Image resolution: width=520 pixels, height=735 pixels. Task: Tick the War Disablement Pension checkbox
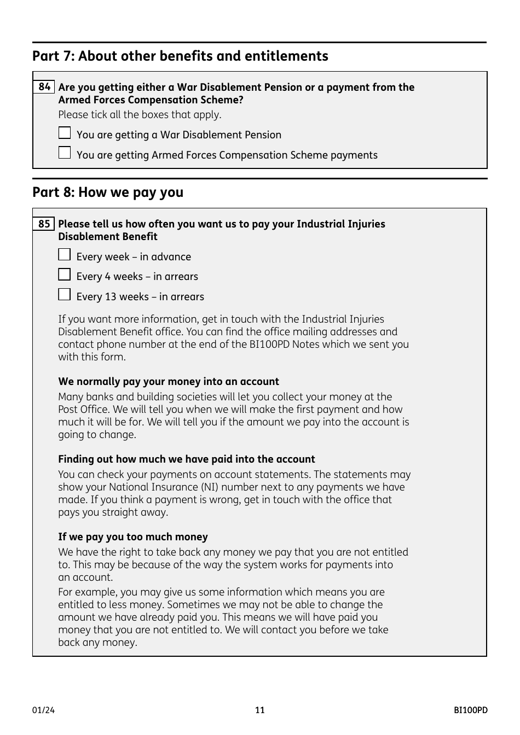pos(65,133)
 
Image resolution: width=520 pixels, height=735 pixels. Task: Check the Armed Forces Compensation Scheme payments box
pos(65,153)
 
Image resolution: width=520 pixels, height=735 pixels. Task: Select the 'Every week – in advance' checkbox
pos(65,255)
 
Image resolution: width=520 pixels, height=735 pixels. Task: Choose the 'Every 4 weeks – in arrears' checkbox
pos(65,275)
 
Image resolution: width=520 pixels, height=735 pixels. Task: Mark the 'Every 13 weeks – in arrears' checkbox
pos(65,295)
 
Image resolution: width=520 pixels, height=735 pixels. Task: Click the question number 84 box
pos(44,87)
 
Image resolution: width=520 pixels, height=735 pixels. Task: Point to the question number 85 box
pos(44,224)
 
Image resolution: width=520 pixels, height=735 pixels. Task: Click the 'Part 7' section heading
pos(180,56)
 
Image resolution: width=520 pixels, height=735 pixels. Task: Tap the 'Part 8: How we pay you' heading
pos(108,192)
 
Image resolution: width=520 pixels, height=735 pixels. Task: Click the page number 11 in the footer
pos(259,710)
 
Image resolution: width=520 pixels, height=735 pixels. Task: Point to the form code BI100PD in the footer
pos(470,710)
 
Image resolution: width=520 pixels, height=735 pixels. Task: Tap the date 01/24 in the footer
pos(43,710)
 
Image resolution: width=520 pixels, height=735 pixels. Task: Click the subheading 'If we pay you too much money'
pos(133,537)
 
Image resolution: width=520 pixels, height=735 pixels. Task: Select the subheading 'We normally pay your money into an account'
pos(169,382)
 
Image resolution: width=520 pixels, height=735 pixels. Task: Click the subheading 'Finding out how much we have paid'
pos(187,459)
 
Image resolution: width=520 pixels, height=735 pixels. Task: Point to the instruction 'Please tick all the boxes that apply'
pos(140,115)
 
